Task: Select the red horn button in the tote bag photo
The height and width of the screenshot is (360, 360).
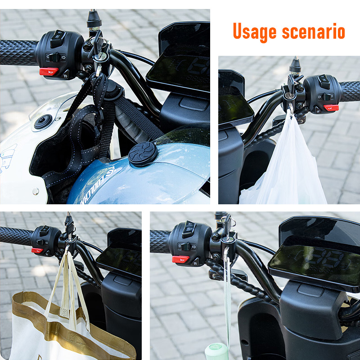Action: (x=36, y=250)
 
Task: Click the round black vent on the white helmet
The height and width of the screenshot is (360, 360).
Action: (x=43, y=122)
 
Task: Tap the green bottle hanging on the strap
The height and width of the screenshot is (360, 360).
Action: (x=217, y=351)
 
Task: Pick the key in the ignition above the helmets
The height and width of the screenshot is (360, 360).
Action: (x=100, y=58)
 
